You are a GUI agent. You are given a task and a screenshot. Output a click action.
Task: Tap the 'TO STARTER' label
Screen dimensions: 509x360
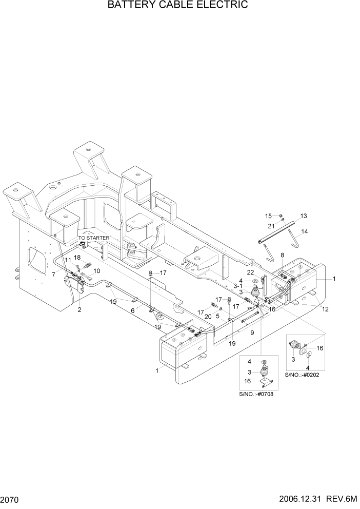point(93,238)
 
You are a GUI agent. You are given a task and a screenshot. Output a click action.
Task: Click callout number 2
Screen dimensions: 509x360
point(79,310)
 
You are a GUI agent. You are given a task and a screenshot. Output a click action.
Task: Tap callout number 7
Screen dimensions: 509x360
point(53,275)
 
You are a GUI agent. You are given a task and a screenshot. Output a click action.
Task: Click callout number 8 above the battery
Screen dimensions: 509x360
point(282,255)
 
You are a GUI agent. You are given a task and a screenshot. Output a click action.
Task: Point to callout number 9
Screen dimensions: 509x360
point(252,333)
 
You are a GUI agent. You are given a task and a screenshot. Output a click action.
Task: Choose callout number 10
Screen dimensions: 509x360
point(96,271)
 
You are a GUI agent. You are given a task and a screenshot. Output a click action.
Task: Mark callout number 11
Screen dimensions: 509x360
point(68,261)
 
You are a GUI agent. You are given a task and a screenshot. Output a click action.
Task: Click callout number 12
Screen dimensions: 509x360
point(325,309)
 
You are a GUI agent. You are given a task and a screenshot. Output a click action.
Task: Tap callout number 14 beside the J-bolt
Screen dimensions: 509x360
point(305,231)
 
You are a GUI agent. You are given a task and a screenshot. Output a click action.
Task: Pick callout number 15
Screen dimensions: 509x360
point(268,216)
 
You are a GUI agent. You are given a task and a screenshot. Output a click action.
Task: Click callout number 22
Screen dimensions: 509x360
point(251,272)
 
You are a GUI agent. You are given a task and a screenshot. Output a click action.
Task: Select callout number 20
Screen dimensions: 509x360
point(208,317)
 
